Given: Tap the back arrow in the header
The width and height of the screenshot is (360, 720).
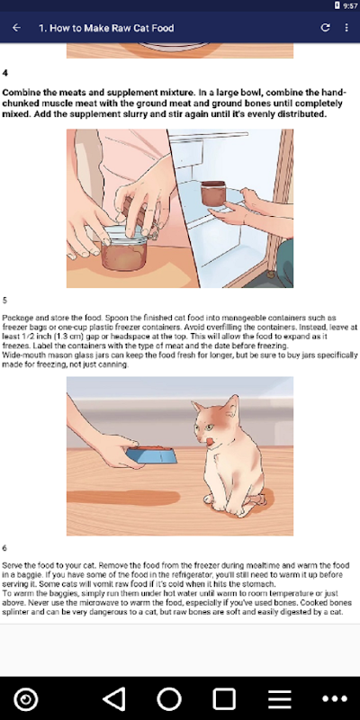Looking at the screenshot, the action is (x=16, y=28).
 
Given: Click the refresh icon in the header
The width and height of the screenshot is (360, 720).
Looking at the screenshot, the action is (x=325, y=28).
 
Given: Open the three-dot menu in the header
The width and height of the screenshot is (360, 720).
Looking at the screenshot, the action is (x=346, y=28).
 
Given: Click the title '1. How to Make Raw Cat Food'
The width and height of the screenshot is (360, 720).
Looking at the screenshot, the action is (x=106, y=28).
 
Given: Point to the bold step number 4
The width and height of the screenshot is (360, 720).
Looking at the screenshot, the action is (x=5, y=73).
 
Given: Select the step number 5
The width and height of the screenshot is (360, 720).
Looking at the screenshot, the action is (x=4, y=301).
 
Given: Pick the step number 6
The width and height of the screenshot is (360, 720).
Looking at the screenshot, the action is (x=4, y=548).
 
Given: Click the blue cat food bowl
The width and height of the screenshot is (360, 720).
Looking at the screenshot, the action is (x=151, y=455).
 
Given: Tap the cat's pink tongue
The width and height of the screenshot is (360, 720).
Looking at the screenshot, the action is (x=211, y=442).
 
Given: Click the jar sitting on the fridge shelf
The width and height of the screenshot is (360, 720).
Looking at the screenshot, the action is (x=213, y=193).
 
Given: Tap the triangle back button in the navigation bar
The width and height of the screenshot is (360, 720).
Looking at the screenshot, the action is (x=114, y=699).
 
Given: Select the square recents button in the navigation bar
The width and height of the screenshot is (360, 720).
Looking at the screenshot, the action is (x=224, y=699).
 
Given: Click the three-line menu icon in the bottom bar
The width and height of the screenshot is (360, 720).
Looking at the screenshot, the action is (x=280, y=699).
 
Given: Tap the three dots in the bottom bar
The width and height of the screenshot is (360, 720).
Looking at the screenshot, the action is (x=335, y=699).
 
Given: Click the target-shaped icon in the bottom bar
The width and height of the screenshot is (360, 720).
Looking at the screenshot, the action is (x=26, y=699).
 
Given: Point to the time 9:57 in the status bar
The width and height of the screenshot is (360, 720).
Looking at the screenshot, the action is (x=350, y=6).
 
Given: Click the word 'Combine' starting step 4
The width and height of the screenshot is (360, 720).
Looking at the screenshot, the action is (x=21, y=92).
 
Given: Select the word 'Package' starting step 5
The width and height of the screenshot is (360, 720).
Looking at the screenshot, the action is (x=15, y=318).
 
